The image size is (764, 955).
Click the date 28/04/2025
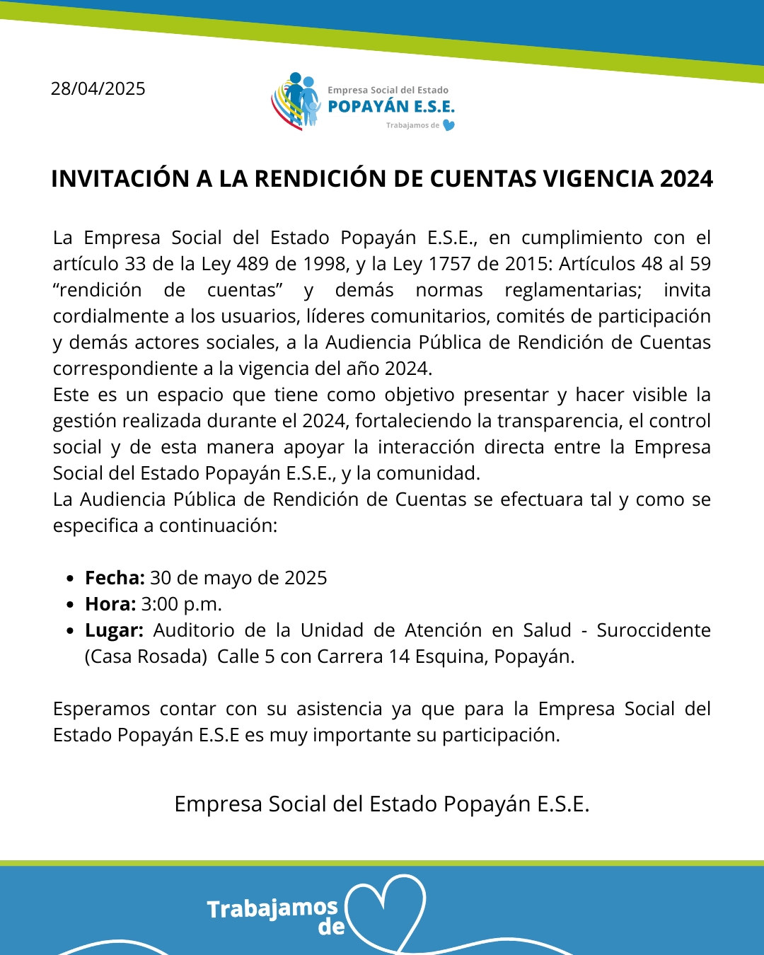98,89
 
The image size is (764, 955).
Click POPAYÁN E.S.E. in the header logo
391,107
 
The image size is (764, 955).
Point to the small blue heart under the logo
448,125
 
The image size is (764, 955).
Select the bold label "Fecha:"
115,578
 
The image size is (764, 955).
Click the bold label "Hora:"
110,604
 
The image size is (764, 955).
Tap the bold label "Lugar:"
114,630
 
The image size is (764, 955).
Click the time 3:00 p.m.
182,604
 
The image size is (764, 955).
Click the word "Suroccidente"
654,630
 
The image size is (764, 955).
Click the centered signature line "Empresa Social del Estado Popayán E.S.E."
382,804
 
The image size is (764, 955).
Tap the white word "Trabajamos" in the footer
272,908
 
